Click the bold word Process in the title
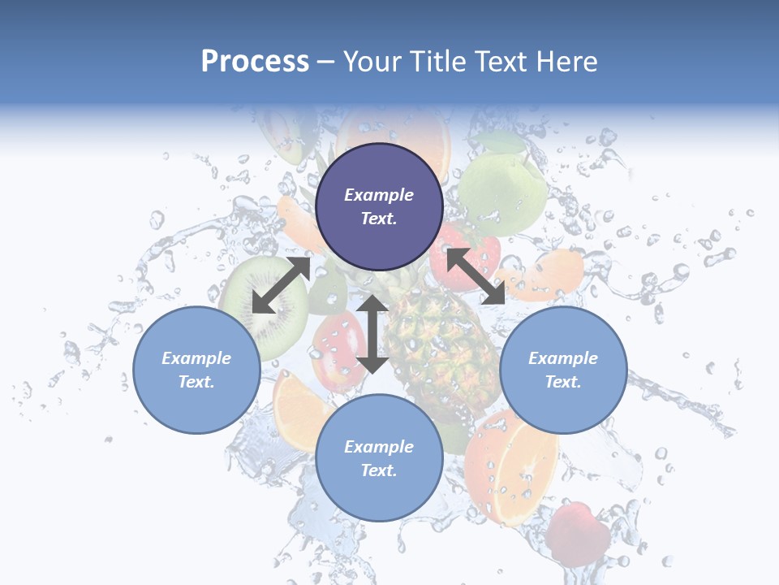tap(255, 62)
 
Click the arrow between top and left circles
tap(281, 285)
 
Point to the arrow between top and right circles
tap(476, 276)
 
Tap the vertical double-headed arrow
tap(372, 334)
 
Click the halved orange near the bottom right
tap(511, 467)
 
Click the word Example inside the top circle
tap(378, 195)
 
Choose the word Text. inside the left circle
tap(196, 382)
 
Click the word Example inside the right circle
tap(563, 358)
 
